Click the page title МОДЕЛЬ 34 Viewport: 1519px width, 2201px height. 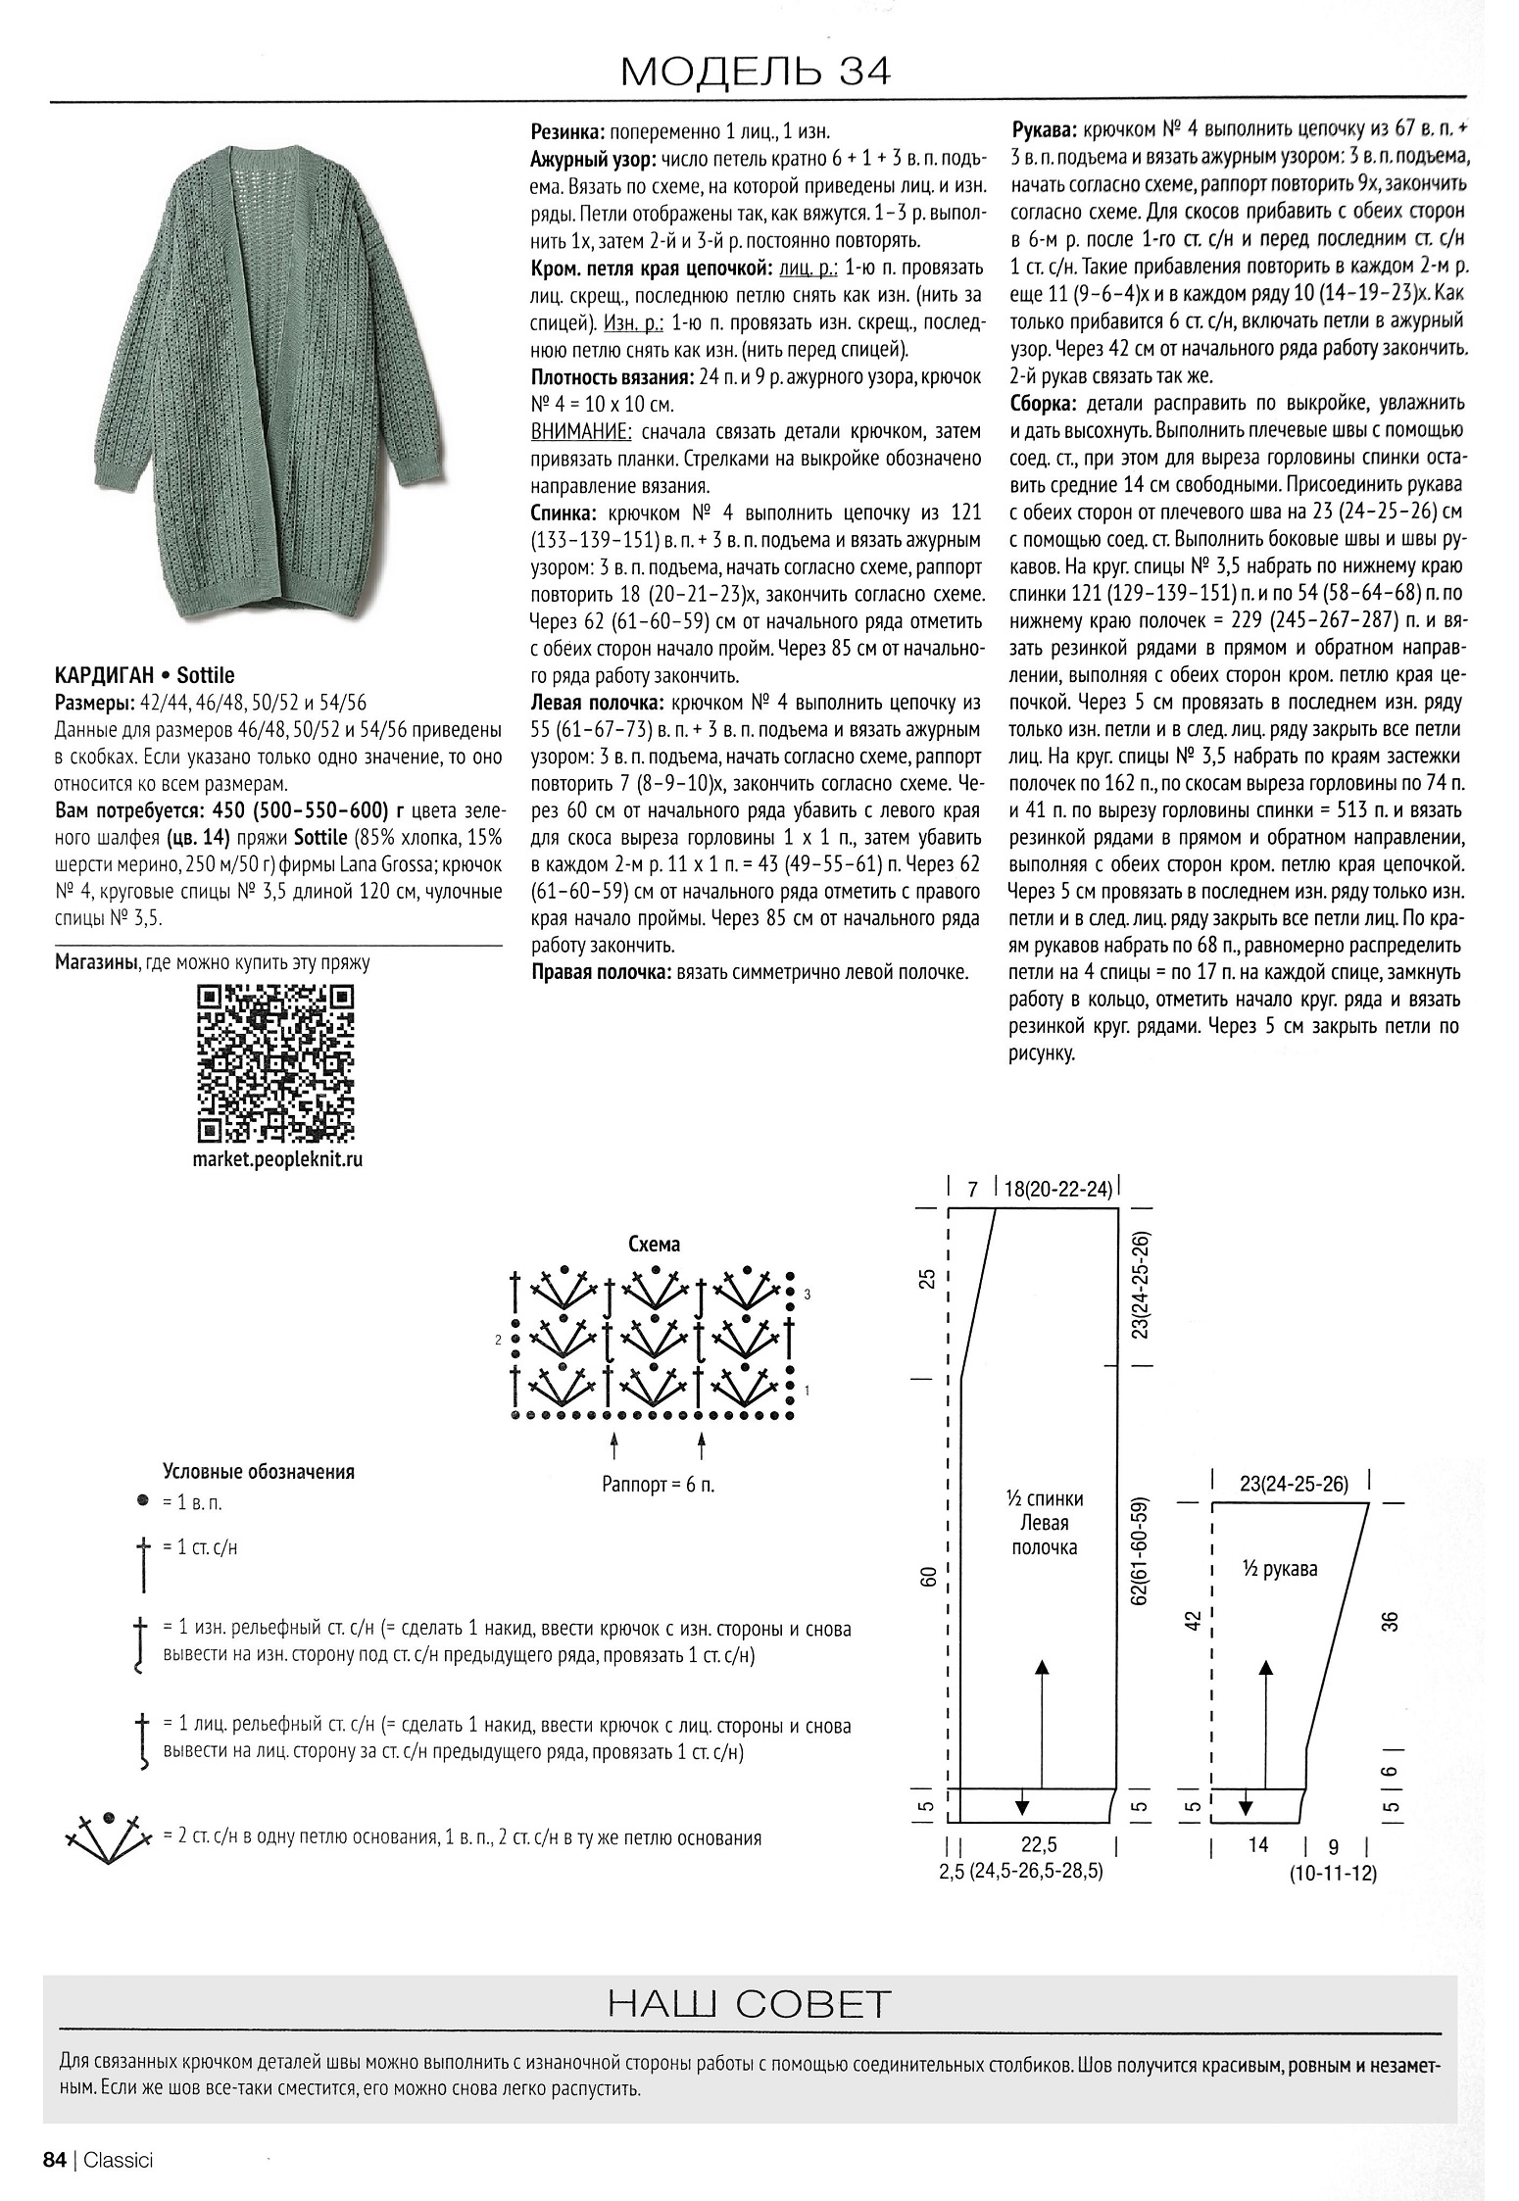coord(756,72)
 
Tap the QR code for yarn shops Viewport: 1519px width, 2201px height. coord(275,1063)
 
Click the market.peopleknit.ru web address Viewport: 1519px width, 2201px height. coord(275,1159)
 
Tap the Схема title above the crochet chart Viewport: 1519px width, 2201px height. coord(654,1245)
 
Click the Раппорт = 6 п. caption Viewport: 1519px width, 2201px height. coord(658,1485)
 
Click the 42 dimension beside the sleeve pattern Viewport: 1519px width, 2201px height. coord(1193,1622)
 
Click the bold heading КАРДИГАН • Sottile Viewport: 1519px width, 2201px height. coord(144,675)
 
